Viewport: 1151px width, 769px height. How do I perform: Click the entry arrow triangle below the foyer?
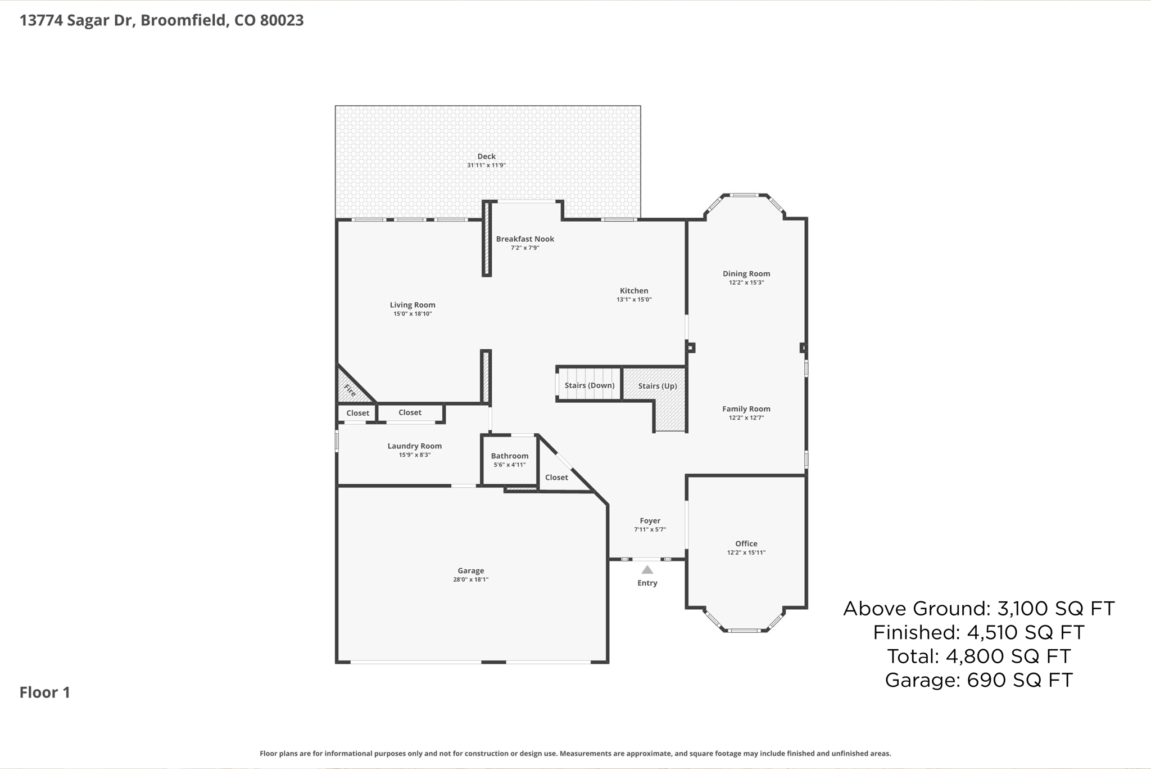click(x=647, y=570)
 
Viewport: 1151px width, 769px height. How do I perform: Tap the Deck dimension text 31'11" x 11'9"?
click(x=486, y=165)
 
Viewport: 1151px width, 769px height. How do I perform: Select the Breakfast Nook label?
click(x=525, y=239)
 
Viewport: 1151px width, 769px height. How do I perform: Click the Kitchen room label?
click(x=634, y=291)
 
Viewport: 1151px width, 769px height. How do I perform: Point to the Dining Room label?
click(x=746, y=274)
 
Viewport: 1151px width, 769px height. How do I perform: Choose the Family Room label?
click(x=746, y=409)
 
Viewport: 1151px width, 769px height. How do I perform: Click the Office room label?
click(x=746, y=543)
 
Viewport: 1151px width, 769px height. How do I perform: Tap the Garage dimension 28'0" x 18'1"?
click(x=471, y=579)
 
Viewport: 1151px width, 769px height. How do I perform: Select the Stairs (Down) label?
click(x=590, y=385)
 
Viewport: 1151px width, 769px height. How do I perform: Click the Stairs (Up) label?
click(x=658, y=386)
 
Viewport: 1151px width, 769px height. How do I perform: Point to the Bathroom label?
click(x=510, y=456)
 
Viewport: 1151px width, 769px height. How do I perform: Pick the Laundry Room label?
click(x=415, y=446)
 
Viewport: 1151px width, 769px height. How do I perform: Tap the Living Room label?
click(x=413, y=305)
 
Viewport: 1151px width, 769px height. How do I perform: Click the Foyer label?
click(x=650, y=521)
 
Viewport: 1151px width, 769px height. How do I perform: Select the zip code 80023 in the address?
click(x=282, y=20)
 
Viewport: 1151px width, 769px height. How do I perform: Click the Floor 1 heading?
click(x=45, y=692)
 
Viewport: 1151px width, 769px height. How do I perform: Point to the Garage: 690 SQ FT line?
click(x=978, y=680)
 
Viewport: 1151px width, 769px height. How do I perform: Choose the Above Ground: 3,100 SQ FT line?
click(x=978, y=609)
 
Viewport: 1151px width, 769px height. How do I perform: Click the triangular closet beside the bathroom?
click(x=556, y=477)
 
